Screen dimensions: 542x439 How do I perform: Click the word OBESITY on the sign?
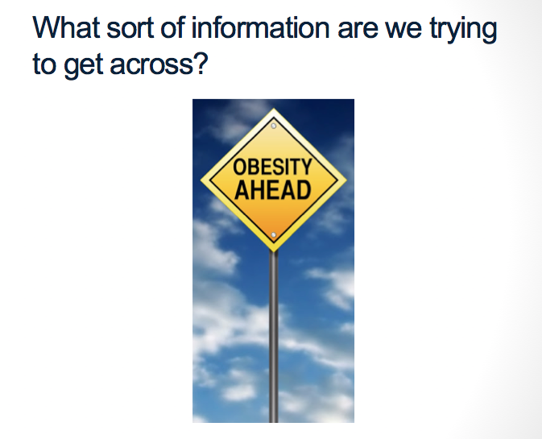(x=273, y=167)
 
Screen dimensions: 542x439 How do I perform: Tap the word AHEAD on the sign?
(x=273, y=190)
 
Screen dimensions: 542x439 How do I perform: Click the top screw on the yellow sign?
(x=274, y=126)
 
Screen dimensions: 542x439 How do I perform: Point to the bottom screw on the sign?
(x=274, y=235)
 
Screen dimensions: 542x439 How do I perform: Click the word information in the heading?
(x=260, y=27)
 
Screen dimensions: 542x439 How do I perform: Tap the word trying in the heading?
(x=463, y=31)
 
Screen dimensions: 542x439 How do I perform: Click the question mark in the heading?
(x=201, y=63)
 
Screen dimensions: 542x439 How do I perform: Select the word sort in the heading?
(x=130, y=29)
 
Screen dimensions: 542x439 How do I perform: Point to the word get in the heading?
(x=84, y=66)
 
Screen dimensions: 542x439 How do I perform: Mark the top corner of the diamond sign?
(x=274, y=108)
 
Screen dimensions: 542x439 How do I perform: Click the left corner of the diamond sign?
(x=201, y=180)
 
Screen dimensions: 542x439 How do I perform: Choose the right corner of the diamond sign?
(x=346, y=180)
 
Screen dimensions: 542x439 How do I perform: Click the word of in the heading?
(x=172, y=27)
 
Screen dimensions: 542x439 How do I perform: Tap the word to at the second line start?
(x=44, y=64)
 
